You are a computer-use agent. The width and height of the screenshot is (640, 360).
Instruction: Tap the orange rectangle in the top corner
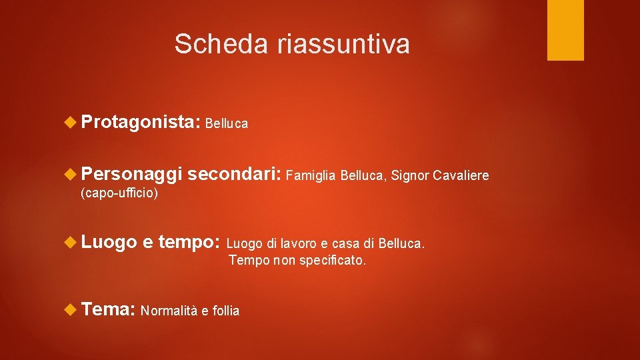[565, 30]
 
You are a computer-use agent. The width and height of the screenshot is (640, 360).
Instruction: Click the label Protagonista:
[141, 122]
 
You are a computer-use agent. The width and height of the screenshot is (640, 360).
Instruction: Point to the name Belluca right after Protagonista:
[227, 123]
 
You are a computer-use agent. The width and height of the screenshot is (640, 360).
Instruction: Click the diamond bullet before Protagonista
[71, 122]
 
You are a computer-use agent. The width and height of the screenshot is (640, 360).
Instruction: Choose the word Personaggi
[131, 175]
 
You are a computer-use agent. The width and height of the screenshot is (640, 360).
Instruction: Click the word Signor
[409, 176]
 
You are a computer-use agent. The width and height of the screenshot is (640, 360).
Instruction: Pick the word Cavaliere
[461, 176]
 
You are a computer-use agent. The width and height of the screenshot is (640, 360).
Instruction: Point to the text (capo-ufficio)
[119, 193]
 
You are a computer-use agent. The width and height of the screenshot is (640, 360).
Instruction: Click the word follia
[225, 311]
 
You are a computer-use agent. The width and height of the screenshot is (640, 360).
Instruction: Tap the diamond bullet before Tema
[71, 309]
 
